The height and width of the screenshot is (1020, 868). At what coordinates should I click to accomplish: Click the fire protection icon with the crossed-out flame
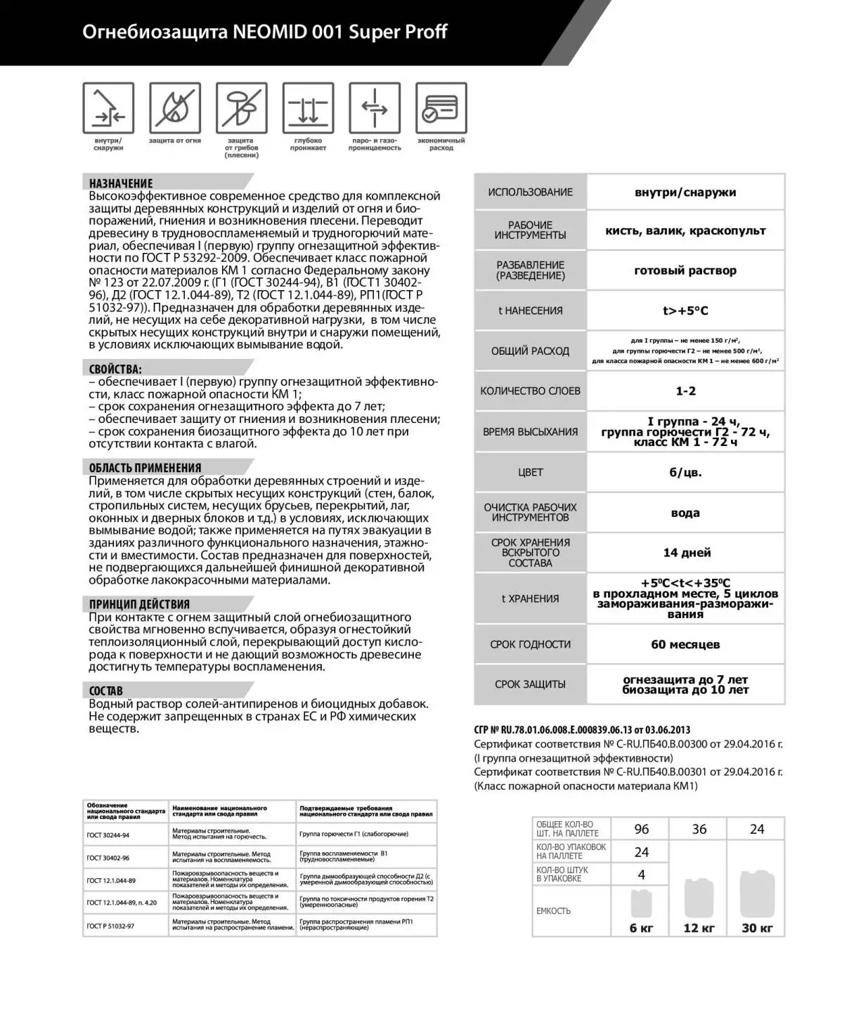(x=174, y=108)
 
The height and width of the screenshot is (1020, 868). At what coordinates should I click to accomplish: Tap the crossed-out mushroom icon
(x=241, y=108)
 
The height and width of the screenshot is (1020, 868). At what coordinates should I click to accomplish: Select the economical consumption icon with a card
(x=441, y=108)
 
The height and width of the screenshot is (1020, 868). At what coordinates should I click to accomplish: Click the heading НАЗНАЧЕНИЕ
(x=121, y=183)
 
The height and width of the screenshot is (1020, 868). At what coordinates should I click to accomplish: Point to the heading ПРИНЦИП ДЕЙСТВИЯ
(x=139, y=604)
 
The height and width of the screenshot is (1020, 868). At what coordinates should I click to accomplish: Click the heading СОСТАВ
(x=106, y=691)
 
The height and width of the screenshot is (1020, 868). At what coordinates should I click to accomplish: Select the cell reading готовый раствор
(x=685, y=270)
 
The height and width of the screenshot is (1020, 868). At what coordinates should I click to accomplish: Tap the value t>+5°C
(x=685, y=310)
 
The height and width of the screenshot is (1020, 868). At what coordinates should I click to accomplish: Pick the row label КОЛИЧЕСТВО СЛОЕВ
(x=530, y=391)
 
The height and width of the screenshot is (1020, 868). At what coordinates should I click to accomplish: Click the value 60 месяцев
(x=685, y=644)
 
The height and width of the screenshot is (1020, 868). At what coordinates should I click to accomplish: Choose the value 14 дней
(x=687, y=553)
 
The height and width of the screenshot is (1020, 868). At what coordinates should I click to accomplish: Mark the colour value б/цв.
(x=685, y=472)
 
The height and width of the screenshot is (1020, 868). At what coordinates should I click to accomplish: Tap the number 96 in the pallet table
(x=641, y=829)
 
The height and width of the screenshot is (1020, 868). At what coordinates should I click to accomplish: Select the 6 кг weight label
(x=641, y=928)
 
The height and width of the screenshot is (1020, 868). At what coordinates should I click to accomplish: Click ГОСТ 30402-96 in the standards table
(x=108, y=858)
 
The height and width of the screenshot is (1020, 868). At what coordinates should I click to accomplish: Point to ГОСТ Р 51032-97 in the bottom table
(x=110, y=926)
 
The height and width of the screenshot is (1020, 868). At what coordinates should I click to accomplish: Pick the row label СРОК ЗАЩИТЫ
(x=530, y=684)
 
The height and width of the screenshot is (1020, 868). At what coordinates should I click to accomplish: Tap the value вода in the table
(x=685, y=513)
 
